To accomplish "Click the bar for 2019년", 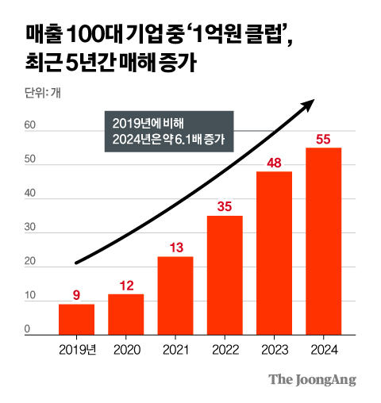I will coord(76,320).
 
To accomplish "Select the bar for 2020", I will coord(125,315).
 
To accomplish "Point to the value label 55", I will coord(323,140).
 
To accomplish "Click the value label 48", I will coord(274,163).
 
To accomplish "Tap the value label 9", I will coord(76,296).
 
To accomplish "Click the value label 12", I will coord(125,286).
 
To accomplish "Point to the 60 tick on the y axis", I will coord(30,125).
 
